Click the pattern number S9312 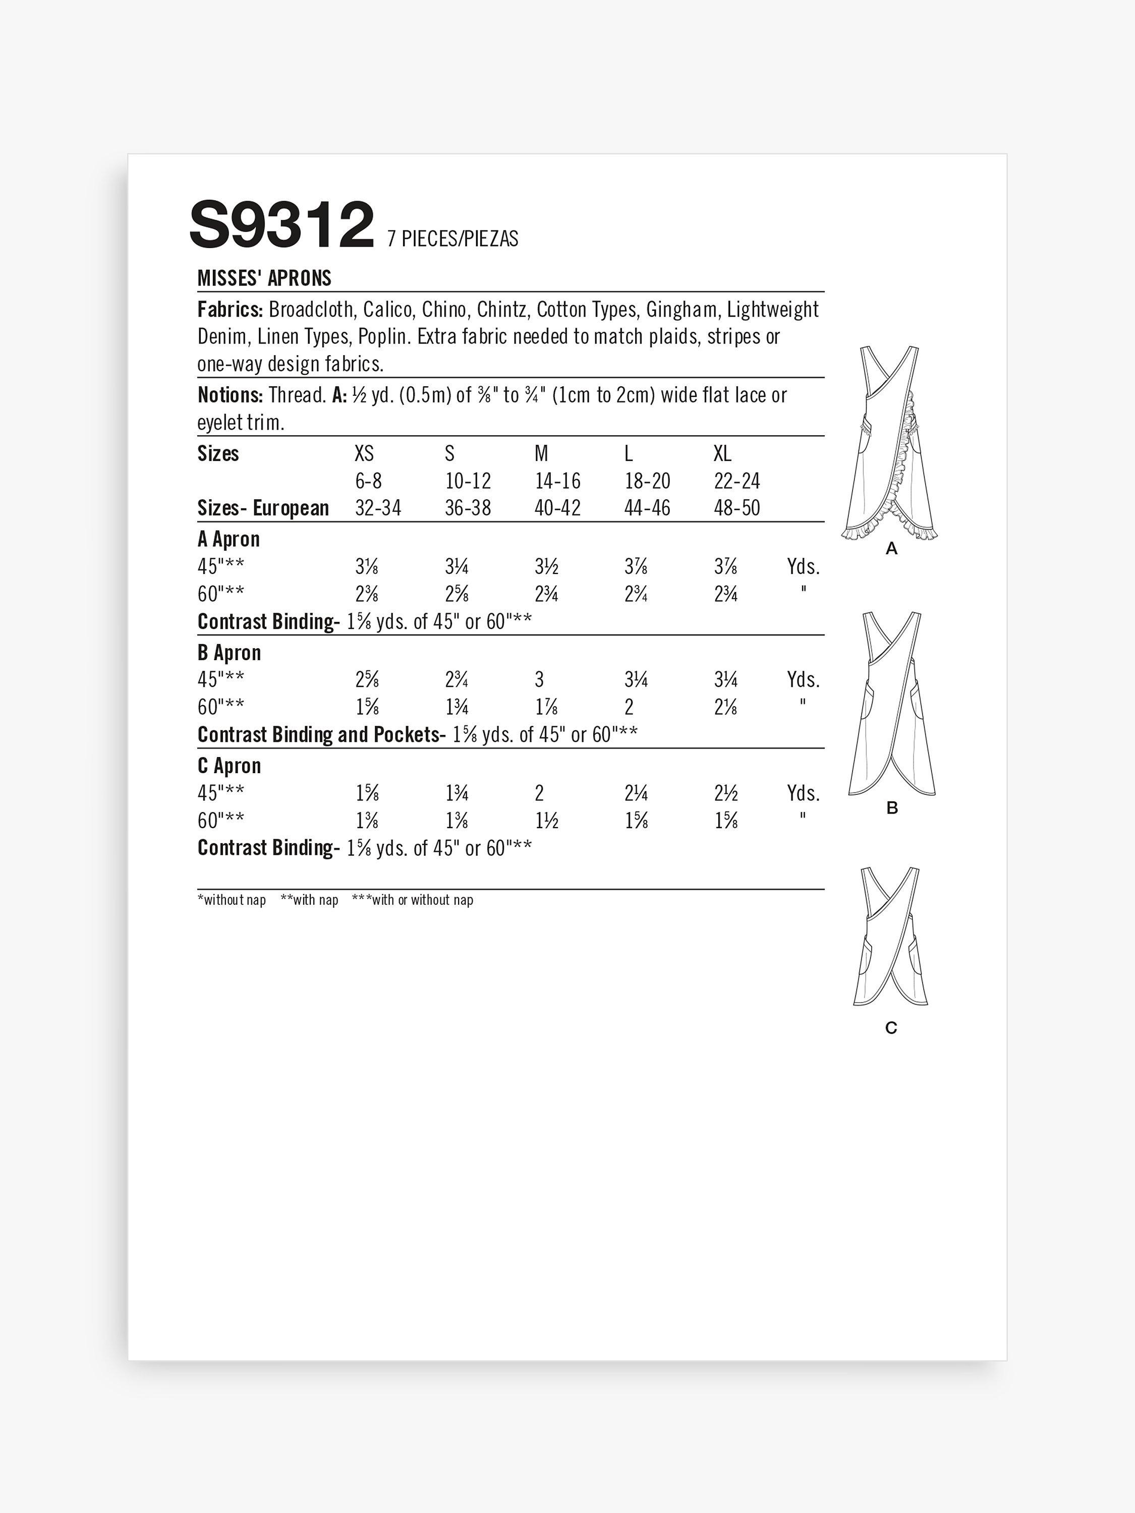282,224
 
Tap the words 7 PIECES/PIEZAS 452,239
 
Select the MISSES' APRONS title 264,278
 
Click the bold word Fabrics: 230,310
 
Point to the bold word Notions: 230,395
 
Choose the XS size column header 364,453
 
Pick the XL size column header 722,453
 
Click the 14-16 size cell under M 557,481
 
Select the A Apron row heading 229,539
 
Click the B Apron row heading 229,653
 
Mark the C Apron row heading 229,766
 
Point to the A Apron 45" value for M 545,567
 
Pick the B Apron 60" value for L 628,707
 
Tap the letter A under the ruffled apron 891,549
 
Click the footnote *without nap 231,900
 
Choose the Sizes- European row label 263,508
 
